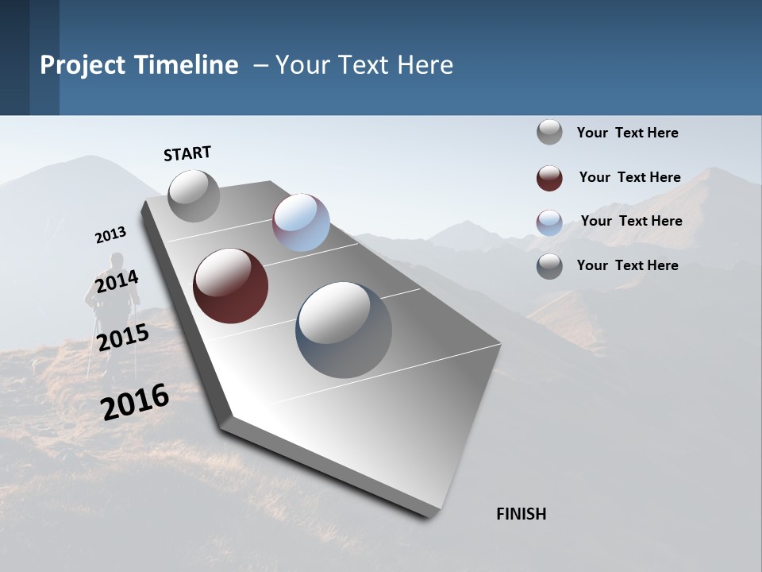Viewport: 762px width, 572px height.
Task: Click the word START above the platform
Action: pyautogui.click(x=187, y=153)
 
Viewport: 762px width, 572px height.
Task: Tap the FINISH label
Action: pyautogui.click(x=521, y=514)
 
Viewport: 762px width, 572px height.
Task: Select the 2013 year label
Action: pyautogui.click(x=110, y=235)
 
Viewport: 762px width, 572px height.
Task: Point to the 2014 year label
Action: pyautogui.click(x=117, y=281)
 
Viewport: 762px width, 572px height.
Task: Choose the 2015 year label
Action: pyautogui.click(x=123, y=338)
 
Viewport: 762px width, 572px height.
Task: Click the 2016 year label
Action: pyautogui.click(x=135, y=401)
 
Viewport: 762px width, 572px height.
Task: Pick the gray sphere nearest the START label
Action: pyautogui.click(x=194, y=195)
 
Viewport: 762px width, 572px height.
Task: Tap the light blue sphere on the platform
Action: pyautogui.click(x=301, y=222)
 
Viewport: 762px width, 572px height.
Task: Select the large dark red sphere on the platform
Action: pyautogui.click(x=230, y=286)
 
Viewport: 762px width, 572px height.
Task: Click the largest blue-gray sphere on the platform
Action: pyautogui.click(x=344, y=330)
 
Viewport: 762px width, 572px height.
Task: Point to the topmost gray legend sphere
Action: pyautogui.click(x=549, y=132)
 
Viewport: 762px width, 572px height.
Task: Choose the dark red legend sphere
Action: pyautogui.click(x=549, y=178)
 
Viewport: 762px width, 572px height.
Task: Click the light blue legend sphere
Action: pyautogui.click(x=549, y=222)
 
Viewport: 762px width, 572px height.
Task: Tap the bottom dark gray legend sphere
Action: pyautogui.click(x=549, y=266)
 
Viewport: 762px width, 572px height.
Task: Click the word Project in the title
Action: pyautogui.click(x=83, y=65)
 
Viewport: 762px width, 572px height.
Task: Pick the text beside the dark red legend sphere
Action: pyautogui.click(x=629, y=177)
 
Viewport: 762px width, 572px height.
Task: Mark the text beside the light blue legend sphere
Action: pyautogui.click(x=631, y=221)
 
